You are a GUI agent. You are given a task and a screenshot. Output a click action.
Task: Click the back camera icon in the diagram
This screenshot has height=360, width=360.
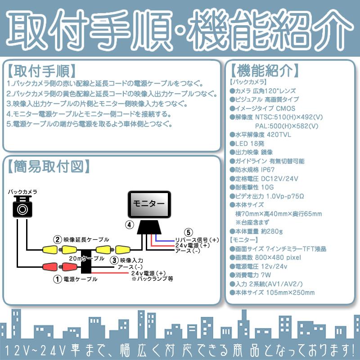pos(22,207)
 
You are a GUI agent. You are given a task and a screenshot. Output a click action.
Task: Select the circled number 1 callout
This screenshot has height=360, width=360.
pos(57,279)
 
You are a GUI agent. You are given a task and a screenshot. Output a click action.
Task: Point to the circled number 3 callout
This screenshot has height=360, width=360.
pos(115,260)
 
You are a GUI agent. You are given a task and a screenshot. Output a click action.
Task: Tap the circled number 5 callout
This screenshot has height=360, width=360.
pos(189,233)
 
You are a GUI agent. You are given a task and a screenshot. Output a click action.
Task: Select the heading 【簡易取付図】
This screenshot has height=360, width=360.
pos(47,166)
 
